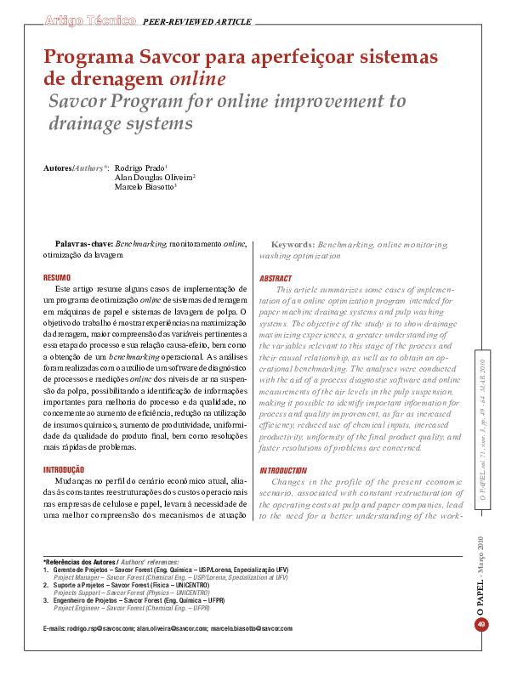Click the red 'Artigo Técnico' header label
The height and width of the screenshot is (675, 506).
pos(88,19)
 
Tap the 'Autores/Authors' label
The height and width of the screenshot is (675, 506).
pos(75,168)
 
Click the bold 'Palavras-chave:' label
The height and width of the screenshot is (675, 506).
pos(83,244)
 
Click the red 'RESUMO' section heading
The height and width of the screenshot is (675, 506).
pos(57,278)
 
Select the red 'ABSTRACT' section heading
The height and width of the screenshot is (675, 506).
pos(276,279)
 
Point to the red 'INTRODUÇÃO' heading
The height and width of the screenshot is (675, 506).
pos(64,469)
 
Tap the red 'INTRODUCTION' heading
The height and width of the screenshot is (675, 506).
pos(283,470)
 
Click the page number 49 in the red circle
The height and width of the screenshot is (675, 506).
pos(481,626)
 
